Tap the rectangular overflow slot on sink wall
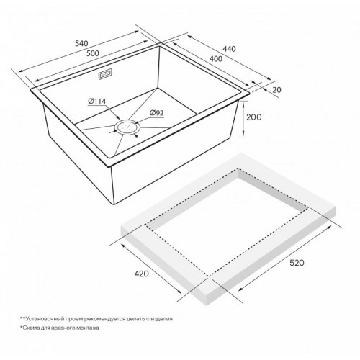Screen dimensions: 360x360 [x=104, y=74]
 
